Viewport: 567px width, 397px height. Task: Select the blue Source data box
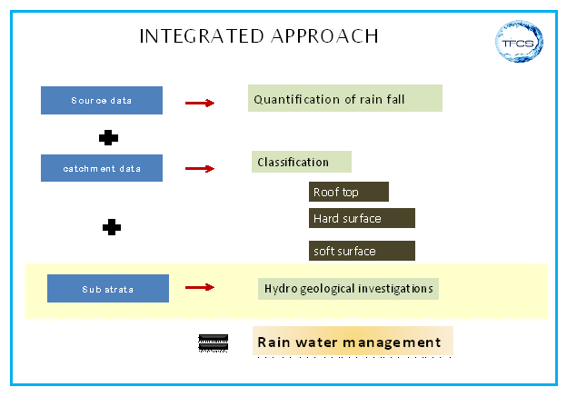pyautogui.click(x=102, y=100)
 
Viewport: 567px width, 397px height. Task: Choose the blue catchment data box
pyautogui.click(x=102, y=168)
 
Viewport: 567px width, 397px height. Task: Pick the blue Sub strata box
pyautogui.click(x=108, y=289)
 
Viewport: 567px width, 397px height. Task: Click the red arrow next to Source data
pyautogui.click(x=200, y=103)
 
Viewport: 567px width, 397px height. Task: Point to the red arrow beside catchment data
pyautogui.click(x=200, y=168)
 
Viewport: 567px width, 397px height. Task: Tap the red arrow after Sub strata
pyautogui.click(x=200, y=288)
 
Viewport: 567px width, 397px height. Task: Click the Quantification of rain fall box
pyautogui.click(x=344, y=99)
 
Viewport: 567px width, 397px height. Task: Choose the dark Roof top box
pyautogui.click(x=349, y=192)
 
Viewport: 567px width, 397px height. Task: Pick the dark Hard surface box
pyautogui.click(x=362, y=218)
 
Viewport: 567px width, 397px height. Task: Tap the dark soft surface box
pyautogui.click(x=362, y=251)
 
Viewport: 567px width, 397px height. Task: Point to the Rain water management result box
pyautogui.click(x=353, y=342)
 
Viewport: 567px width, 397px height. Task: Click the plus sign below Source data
pyautogui.click(x=109, y=138)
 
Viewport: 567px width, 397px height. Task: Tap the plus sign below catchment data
pyautogui.click(x=112, y=227)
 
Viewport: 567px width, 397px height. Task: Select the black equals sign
pyautogui.click(x=213, y=342)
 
